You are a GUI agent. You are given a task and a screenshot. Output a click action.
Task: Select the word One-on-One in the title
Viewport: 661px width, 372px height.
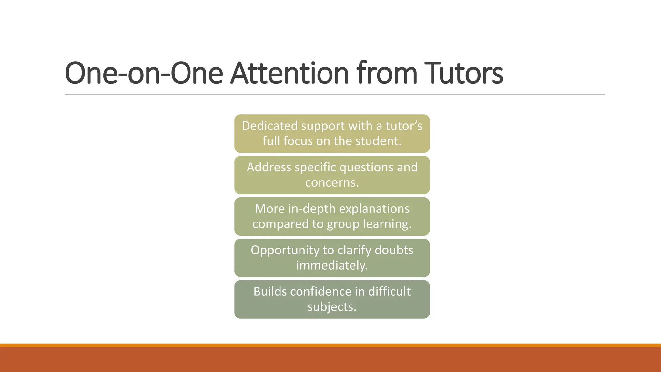[x=144, y=73]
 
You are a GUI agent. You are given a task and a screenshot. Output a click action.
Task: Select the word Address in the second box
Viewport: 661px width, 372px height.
[x=269, y=167]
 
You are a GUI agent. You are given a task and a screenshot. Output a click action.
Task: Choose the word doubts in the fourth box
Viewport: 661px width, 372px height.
[x=394, y=250]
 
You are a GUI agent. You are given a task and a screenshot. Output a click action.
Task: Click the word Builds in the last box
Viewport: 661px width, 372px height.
[x=270, y=292]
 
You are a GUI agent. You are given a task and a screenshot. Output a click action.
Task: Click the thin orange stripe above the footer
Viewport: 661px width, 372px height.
[x=330, y=345]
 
